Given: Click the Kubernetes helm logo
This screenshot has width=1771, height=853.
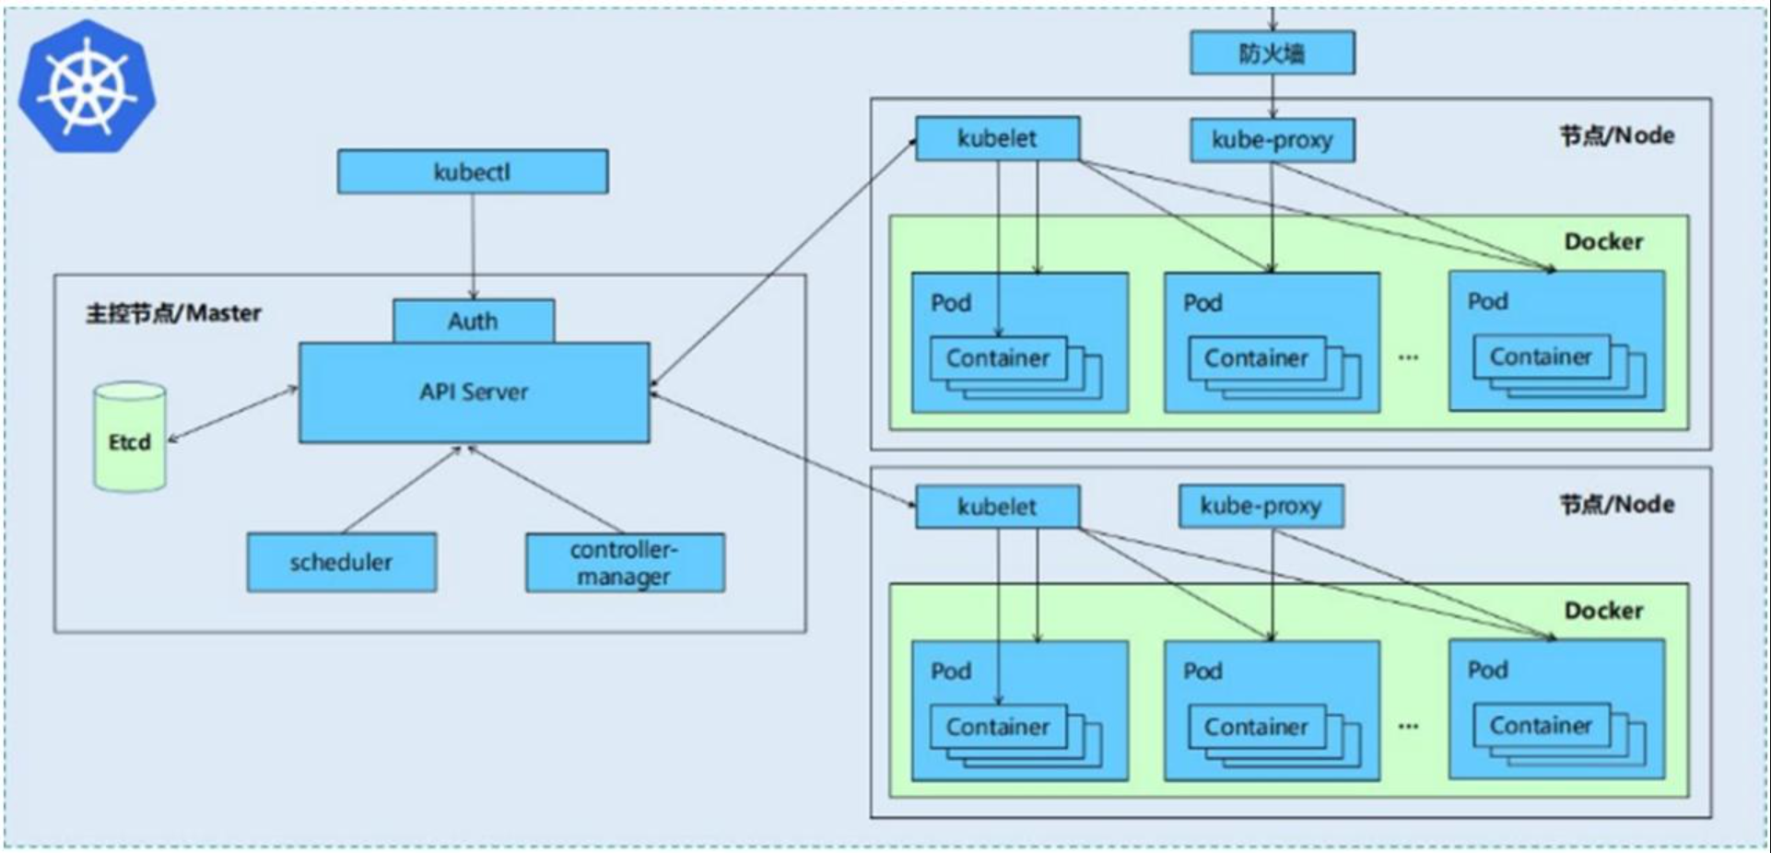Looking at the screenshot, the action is coord(87,87).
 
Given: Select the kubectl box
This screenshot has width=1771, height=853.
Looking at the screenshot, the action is coord(473,172).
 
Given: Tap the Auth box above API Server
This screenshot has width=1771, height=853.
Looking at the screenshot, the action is coord(474,321).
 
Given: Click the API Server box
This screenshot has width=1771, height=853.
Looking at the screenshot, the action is coord(474,392).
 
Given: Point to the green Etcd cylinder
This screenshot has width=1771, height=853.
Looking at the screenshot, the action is coord(130,438).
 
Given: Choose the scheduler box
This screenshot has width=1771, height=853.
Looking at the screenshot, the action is coord(342,562).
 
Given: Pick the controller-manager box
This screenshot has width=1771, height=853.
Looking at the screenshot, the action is coord(625,563).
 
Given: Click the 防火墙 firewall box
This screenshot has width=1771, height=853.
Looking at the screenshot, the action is coord(1273,53).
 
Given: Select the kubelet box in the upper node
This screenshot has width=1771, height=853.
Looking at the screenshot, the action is coord(997,138).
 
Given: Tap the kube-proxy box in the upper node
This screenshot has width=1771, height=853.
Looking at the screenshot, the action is coord(1273,140).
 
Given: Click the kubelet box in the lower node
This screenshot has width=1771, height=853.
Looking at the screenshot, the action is coord(997,507).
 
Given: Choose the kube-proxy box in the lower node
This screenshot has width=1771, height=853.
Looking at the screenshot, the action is coord(1261,506).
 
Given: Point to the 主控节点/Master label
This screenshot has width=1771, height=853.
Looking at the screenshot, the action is coord(173,313).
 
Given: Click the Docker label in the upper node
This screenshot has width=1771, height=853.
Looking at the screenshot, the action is coord(1603,241).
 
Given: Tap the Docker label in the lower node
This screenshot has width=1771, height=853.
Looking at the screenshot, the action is coord(1603,611).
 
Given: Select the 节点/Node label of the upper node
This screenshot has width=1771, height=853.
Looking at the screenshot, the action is coord(1617,135).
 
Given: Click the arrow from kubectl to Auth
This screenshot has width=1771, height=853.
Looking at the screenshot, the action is coord(473,246).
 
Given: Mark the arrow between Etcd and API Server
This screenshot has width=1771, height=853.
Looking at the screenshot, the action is coord(233,415).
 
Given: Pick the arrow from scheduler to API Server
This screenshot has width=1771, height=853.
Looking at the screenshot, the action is coord(401,490).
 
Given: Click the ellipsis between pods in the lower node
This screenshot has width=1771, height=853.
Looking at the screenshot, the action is coord(1408,726).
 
